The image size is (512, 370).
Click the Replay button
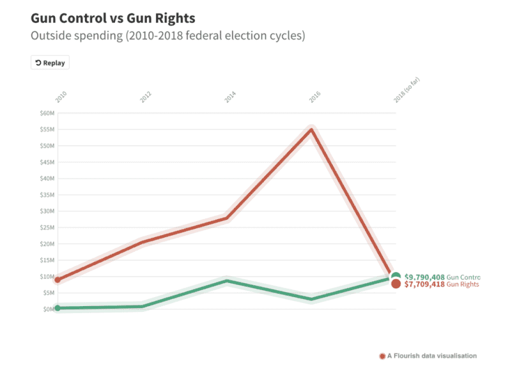tap(49, 63)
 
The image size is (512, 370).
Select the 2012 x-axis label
tap(146, 97)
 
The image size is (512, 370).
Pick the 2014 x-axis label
tap(230, 97)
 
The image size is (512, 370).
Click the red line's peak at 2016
tap(311, 130)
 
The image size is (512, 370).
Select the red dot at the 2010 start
tap(58, 280)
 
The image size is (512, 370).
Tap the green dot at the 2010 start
tap(58, 308)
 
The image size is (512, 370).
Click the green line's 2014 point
tap(227, 281)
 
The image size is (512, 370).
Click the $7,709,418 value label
tap(424, 284)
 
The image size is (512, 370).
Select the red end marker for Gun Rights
tap(396, 284)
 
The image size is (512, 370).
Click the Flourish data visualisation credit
tap(428, 355)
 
